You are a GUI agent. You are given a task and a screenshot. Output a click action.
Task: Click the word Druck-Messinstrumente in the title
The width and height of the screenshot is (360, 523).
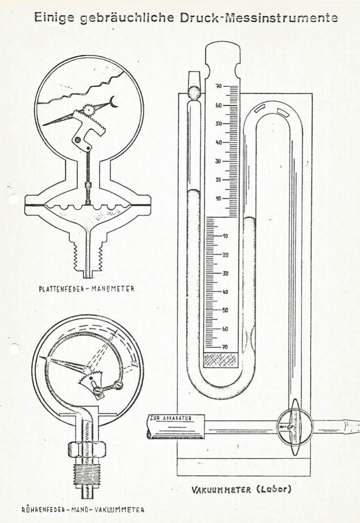pos(259,18)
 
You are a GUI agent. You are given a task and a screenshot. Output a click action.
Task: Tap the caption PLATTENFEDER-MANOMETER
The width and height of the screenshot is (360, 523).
pos(87,288)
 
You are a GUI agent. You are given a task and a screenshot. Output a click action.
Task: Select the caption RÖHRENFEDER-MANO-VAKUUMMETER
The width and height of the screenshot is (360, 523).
pos(83,510)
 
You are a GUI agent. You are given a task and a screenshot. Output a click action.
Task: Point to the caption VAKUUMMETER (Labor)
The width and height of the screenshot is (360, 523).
pos(241,490)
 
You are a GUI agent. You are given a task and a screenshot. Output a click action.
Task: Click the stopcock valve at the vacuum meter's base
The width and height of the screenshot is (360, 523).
pos(295,427)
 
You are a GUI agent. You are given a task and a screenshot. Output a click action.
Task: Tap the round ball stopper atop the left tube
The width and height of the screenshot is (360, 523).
pos(194,92)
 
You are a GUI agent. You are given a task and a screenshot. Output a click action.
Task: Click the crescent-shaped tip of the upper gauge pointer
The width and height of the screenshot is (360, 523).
pos(114,102)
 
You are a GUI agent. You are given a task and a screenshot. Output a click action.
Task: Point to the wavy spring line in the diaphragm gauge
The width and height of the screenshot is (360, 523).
pos(81,88)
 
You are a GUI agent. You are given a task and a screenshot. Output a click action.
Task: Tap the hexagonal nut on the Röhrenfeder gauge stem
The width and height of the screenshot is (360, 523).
pos(87,449)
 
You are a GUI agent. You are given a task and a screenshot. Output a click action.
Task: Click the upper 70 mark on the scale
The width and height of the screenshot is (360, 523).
pos(218,86)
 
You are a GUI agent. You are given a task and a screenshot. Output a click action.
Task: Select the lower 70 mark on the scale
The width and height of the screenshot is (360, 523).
pos(225,347)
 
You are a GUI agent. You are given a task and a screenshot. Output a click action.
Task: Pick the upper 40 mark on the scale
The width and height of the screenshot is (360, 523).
pos(218,142)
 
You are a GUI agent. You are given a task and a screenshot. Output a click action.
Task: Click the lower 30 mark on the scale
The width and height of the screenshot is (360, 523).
pos(226,273)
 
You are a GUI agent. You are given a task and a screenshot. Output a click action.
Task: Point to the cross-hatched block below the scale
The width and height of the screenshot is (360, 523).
pos(221,360)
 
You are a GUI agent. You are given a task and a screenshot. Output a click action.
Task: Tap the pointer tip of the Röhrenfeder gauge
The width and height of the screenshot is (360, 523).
pos(41,357)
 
